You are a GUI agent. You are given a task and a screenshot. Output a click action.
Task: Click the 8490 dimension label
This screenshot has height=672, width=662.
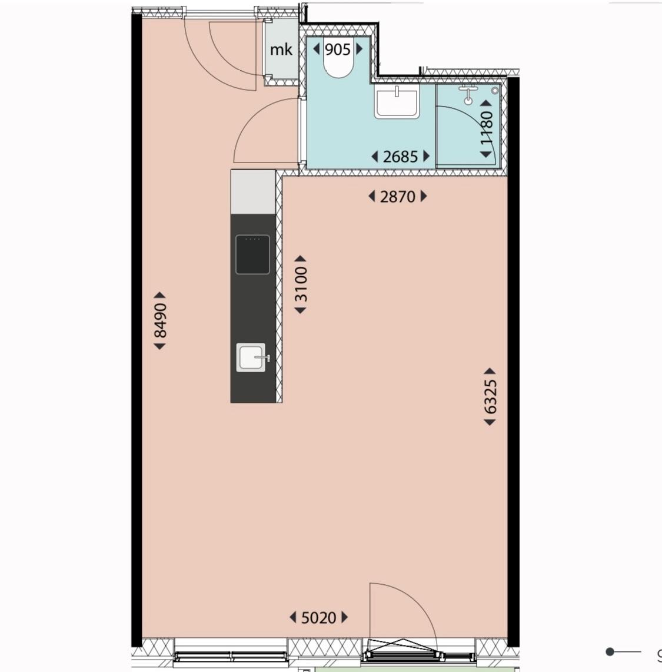160,320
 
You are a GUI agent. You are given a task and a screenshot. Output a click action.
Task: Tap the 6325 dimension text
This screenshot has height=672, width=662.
490,396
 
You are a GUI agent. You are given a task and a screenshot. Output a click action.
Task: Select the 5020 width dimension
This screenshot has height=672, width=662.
318,618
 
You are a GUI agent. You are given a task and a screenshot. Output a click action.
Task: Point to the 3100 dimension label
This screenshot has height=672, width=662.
301,284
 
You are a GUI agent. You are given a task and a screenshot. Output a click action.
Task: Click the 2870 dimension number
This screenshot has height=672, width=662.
398,197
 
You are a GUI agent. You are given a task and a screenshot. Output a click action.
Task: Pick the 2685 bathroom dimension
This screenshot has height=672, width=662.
400,157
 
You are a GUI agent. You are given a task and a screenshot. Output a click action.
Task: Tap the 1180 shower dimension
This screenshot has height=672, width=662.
487,128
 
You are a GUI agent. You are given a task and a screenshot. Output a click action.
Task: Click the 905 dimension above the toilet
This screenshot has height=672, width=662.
337,49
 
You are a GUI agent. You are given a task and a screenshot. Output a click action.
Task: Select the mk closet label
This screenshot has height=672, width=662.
281,49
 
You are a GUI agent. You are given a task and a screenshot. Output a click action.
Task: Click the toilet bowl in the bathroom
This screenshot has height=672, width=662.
338,64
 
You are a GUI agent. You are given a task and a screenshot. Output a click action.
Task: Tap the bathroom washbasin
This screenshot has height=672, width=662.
397,101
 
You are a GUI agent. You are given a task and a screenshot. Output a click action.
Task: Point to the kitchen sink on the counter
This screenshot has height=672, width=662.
251,357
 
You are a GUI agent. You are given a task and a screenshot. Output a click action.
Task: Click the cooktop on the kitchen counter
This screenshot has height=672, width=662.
252,254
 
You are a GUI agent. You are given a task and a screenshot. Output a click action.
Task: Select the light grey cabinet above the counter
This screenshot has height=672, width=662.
253,192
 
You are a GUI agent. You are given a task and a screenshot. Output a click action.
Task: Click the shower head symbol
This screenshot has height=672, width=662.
468,95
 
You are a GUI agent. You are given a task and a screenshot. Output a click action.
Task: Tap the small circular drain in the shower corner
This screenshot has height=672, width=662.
495,91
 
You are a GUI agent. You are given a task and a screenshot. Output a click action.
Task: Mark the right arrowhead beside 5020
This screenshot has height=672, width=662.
345,618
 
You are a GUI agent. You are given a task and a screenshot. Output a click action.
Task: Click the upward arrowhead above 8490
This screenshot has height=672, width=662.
159,295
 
